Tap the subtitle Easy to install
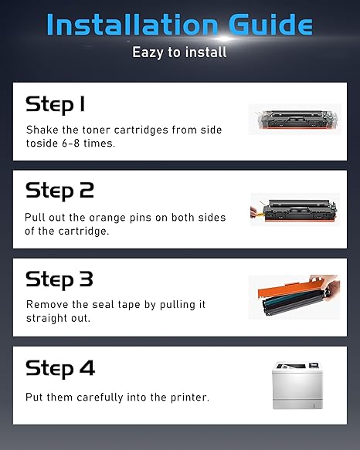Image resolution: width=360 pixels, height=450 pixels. point(179,52)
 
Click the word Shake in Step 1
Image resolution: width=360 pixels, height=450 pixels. point(42,129)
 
